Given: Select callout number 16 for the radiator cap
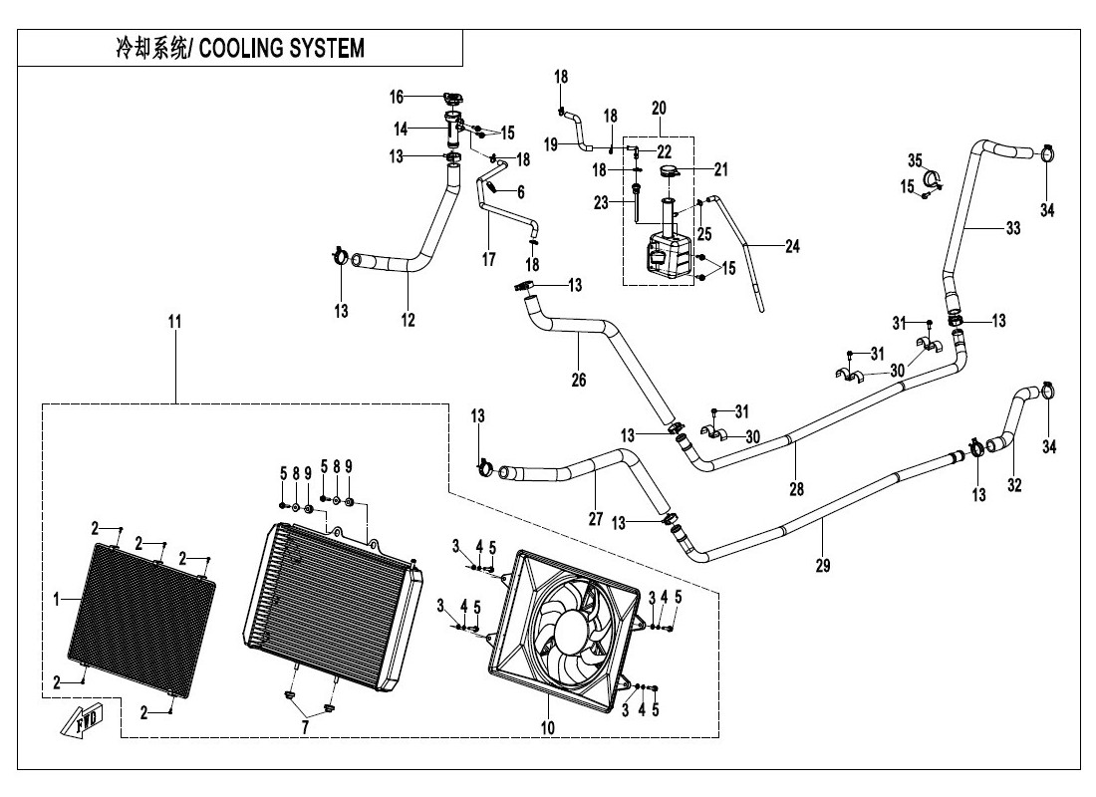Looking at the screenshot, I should (397, 97).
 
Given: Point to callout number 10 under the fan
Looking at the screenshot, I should (547, 728).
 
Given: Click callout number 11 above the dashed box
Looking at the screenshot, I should (175, 322).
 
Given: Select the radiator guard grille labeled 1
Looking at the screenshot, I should (142, 606).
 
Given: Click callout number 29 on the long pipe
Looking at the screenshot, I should (823, 565).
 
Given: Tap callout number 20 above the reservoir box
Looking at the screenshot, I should (659, 108).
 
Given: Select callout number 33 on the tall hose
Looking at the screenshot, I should (1012, 228).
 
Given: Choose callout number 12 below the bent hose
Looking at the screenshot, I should (408, 320).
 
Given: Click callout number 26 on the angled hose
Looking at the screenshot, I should (579, 380).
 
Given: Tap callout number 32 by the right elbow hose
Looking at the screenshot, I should (1013, 487).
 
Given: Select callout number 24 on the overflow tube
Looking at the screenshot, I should (792, 246).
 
